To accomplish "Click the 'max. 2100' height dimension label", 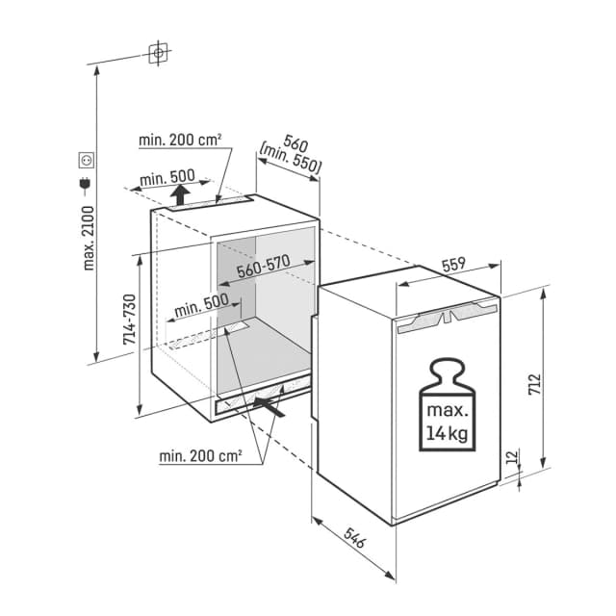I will pyautogui.click(x=89, y=236).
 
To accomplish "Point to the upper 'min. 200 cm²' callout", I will pyautogui.click(x=180, y=140).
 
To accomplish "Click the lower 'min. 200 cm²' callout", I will pyautogui.click(x=200, y=453).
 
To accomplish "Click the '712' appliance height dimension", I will pyautogui.click(x=533, y=384).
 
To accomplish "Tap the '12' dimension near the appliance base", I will pyautogui.click(x=509, y=457).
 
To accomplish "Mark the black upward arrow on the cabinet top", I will pyautogui.click(x=180, y=196).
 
